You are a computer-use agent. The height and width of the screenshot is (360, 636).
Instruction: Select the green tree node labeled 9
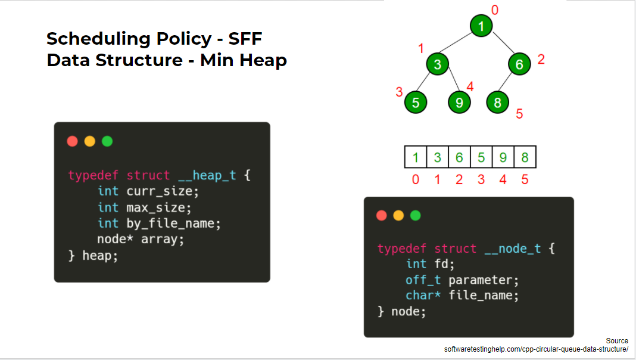[x=459, y=103]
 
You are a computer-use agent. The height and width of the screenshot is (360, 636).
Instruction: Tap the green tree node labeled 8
[x=497, y=103]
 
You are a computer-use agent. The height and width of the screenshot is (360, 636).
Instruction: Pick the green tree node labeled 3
[x=437, y=64]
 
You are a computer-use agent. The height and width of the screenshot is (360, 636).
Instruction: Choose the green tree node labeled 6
[x=519, y=64]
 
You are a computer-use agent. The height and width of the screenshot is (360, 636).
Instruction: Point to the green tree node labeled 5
[x=416, y=103]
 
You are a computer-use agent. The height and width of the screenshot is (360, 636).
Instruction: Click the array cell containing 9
[x=503, y=158]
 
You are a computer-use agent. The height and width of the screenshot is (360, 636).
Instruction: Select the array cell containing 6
[x=459, y=158]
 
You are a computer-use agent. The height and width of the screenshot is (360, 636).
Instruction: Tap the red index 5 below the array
[x=525, y=179]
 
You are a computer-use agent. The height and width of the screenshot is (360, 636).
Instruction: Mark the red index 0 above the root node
[x=494, y=9]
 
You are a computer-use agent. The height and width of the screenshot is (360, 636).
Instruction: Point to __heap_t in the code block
[x=207, y=175]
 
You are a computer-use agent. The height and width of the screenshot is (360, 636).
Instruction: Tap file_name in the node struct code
[x=484, y=296]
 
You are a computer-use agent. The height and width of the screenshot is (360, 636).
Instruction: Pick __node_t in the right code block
[x=512, y=249]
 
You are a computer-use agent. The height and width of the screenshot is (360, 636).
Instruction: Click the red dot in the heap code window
[x=73, y=141]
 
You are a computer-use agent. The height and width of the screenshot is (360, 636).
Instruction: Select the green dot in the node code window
[x=416, y=215]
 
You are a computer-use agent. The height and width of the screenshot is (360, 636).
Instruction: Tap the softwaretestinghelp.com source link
[x=536, y=349]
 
